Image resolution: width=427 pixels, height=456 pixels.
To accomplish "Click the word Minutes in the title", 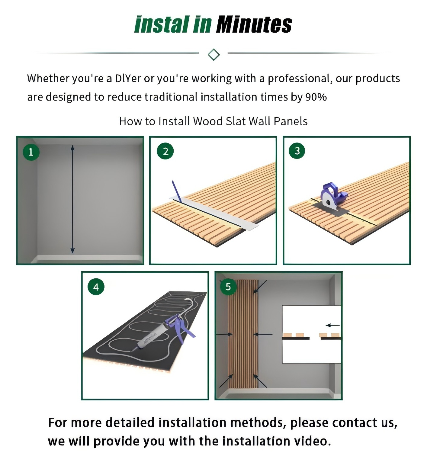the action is (254, 24).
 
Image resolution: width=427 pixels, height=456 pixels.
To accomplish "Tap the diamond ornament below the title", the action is (213, 54).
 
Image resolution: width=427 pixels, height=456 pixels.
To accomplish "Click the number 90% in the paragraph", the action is (316, 97).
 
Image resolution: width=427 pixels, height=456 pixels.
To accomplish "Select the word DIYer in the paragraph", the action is (128, 79).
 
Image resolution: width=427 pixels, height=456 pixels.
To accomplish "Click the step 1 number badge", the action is (31, 152).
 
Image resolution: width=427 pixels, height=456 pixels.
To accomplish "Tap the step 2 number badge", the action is (165, 151).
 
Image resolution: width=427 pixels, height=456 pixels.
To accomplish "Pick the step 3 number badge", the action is (297, 151).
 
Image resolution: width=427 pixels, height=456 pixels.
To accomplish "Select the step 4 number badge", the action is (96, 287).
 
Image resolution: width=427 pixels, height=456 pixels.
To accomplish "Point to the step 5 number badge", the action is (228, 286).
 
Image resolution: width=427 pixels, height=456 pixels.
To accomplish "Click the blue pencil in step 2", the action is (177, 191).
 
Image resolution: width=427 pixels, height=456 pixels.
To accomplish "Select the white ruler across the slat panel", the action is (214, 213).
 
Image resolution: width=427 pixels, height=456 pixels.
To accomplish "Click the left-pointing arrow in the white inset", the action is (332, 325).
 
